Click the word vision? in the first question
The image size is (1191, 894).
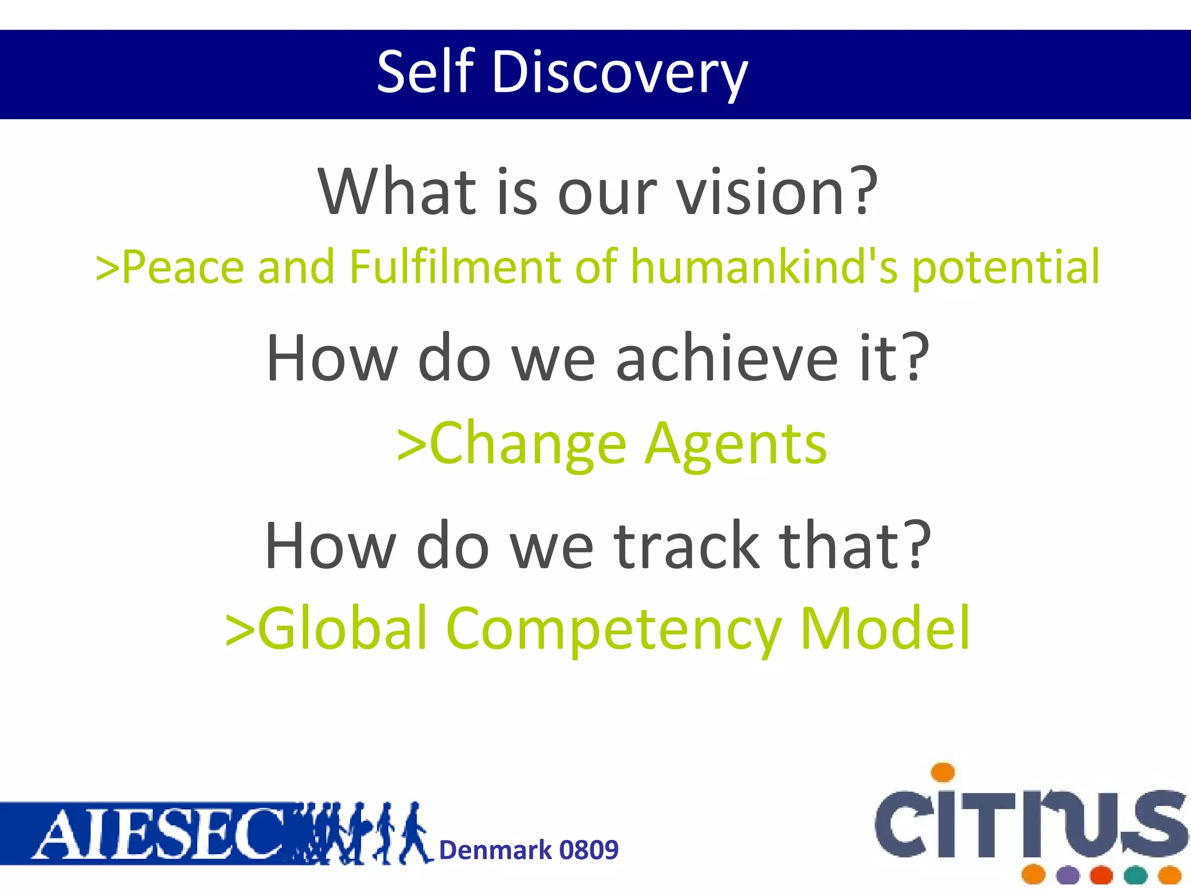click(778, 192)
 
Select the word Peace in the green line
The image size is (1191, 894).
click(183, 267)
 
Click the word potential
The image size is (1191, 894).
click(1005, 268)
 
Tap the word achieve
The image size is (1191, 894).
click(727, 359)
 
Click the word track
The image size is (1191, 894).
click(687, 546)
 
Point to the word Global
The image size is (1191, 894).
click(343, 629)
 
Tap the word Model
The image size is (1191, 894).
click(885, 629)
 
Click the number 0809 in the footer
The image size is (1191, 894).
click(589, 850)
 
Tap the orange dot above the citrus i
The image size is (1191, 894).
click(943, 772)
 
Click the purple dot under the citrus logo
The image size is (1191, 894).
click(1068, 875)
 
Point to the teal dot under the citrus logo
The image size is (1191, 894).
click(1135, 875)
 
